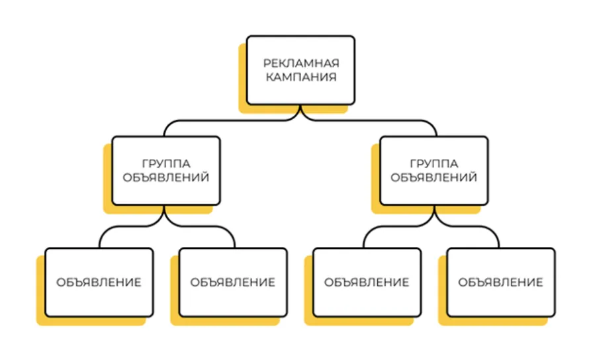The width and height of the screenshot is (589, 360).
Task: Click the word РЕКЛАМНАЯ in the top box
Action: coord(301,63)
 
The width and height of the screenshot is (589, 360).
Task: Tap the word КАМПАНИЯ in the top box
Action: coord(301,77)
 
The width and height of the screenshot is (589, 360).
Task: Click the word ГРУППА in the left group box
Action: coord(166,164)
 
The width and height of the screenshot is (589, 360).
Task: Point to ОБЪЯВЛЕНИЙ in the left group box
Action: coord(166,177)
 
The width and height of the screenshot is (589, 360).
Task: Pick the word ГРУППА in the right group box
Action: coord(434,164)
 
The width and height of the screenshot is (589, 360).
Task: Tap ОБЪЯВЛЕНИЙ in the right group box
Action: coord(434,177)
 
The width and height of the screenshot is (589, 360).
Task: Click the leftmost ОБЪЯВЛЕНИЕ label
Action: coord(99,282)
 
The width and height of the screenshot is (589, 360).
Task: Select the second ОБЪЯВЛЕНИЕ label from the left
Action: coord(233,282)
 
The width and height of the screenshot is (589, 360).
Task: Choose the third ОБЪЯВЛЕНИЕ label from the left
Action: coord(367,282)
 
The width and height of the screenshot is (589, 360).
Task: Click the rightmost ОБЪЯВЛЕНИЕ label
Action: coord(501,282)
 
